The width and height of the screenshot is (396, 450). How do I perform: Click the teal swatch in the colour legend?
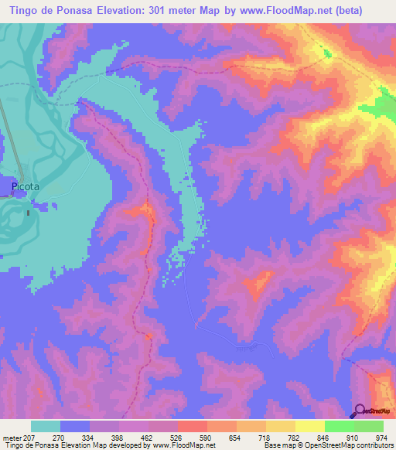click(46, 426)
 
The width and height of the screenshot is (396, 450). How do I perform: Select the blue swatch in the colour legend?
click(75, 426)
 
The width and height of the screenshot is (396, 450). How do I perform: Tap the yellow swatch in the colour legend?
click(310, 426)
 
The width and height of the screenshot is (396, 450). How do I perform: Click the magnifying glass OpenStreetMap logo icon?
click(359, 411)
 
